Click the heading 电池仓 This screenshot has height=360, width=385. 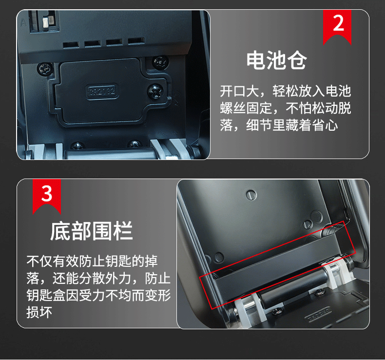(277, 60)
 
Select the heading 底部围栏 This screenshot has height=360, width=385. (92, 231)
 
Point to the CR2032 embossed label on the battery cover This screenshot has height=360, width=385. (102, 91)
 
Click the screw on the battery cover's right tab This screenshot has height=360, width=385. (155, 91)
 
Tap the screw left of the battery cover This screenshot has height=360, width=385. (45, 69)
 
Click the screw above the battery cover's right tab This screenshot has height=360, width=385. (160, 62)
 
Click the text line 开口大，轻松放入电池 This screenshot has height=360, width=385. (285, 91)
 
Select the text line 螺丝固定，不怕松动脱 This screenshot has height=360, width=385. (285, 108)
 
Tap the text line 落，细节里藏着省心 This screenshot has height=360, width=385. (279, 125)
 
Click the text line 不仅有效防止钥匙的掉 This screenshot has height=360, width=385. (92, 261)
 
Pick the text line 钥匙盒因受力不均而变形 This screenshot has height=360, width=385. (98, 295)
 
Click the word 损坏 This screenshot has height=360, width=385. (39, 312)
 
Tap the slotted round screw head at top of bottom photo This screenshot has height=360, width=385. (251, 195)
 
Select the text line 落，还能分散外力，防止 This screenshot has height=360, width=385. (98, 278)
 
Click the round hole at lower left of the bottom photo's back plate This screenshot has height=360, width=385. (219, 257)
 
